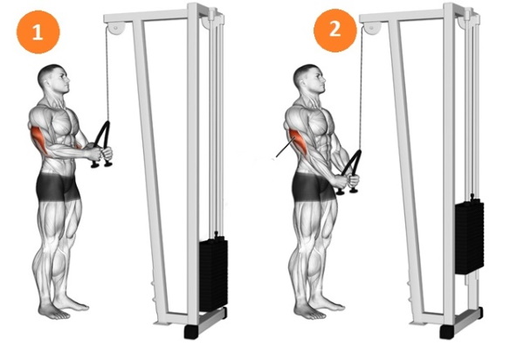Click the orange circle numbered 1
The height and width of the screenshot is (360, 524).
click(x=37, y=35)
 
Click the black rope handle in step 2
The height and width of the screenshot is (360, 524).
click(x=350, y=171)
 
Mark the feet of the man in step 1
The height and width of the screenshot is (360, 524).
click(x=65, y=305)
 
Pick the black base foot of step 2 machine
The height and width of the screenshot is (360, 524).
click(x=447, y=333)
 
